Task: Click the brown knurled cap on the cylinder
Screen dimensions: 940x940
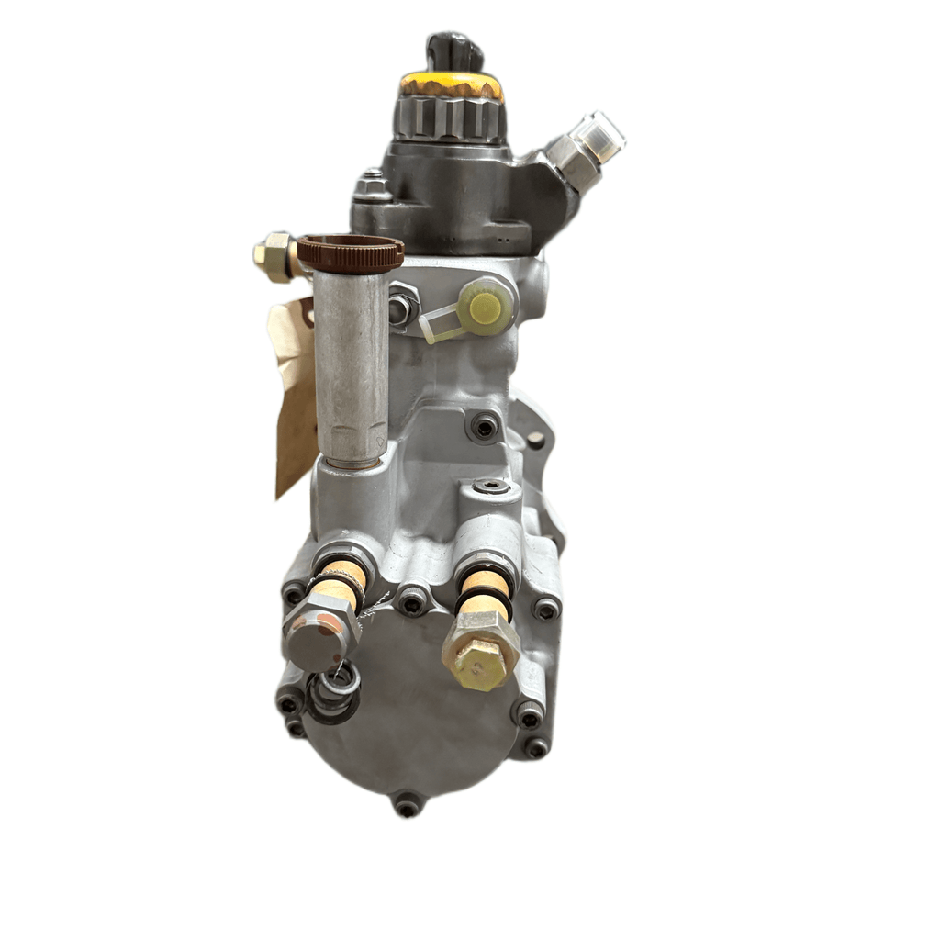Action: point(351,253)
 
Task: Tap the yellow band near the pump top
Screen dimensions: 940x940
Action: point(451,85)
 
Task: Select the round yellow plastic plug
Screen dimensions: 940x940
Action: point(486,306)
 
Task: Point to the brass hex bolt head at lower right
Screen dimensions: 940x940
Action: point(480,650)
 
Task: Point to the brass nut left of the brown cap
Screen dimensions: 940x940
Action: point(274,254)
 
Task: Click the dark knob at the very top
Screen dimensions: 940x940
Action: point(454,51)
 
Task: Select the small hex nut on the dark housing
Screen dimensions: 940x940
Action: point(373,186)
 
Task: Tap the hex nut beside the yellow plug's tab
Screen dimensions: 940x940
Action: point(402,306)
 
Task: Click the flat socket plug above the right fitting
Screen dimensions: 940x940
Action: point(491,487)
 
